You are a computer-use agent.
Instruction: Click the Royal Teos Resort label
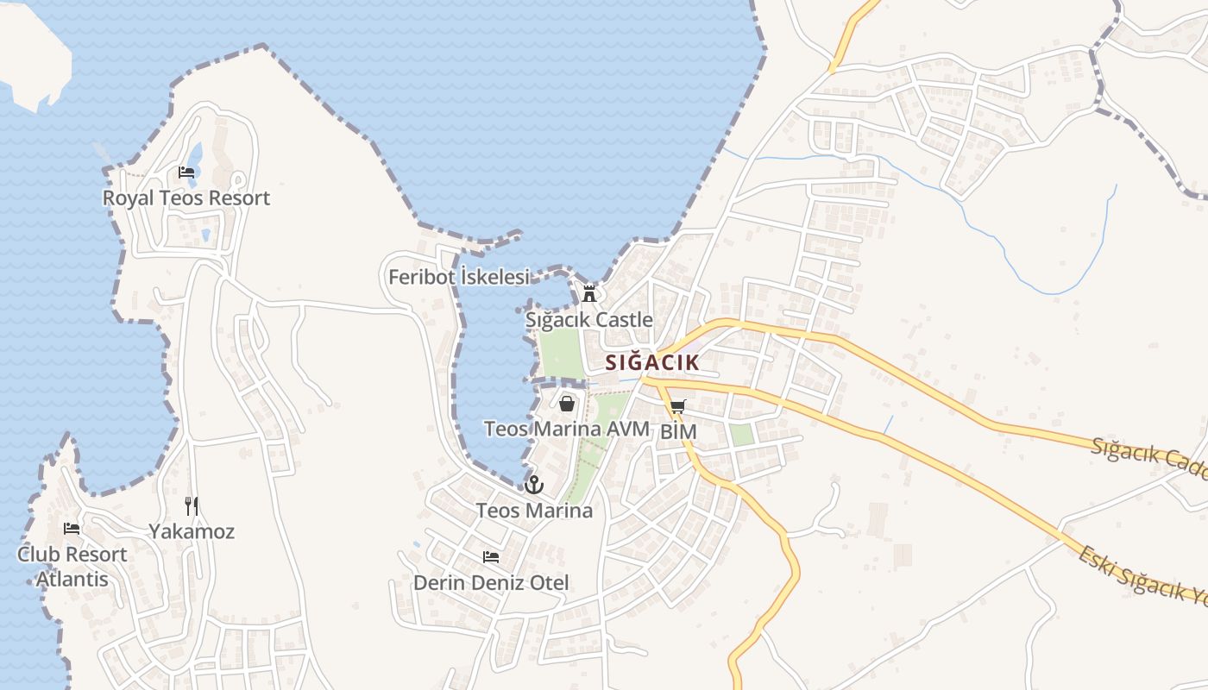coord(186,198)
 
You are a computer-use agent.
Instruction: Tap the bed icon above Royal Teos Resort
coord(186,172)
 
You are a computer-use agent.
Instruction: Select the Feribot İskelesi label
coord(458,277)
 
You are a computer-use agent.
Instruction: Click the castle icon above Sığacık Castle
coord(589,294)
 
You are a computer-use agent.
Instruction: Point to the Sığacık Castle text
coord(589,320)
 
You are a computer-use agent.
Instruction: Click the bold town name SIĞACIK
coord(651,362)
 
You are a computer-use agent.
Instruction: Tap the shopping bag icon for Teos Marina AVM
coord(567,403)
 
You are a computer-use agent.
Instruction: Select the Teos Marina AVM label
coord(566,429)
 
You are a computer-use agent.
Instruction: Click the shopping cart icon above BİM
coord(677,407)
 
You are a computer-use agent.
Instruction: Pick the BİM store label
coord(678,431)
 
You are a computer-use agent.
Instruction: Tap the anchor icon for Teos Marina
coord(534,485)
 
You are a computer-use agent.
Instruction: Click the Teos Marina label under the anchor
coord(534,511)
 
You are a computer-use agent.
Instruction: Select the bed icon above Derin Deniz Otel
coord(491,557)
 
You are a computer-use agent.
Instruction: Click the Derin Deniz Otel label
coord(491,583)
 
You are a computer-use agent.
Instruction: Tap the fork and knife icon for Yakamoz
coord(192,505)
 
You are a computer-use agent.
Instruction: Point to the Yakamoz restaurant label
coord(192,531)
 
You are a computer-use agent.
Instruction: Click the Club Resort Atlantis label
coord(72,567)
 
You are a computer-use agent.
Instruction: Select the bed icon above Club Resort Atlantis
coord(72,529)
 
